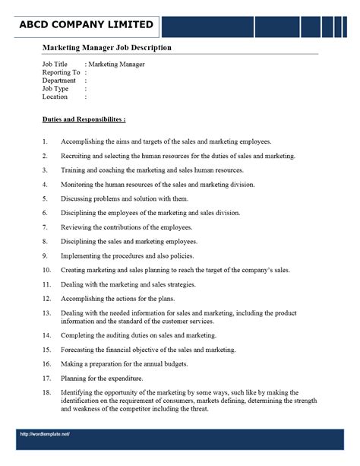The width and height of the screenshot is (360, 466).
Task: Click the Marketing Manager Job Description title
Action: pos(106,48)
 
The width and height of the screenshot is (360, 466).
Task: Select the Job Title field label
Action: pos(55,65)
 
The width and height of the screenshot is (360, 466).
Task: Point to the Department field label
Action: pos(59,81)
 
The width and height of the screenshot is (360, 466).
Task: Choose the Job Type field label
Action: pos(55,89)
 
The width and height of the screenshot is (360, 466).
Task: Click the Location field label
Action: pos(55,97)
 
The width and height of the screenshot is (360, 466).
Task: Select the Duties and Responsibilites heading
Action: pos(84,120)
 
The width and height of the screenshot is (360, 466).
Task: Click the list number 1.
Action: pos(45,141)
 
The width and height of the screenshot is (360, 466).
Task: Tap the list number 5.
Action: pos(45,198)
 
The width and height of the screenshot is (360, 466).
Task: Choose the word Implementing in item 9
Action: pos(82,255)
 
